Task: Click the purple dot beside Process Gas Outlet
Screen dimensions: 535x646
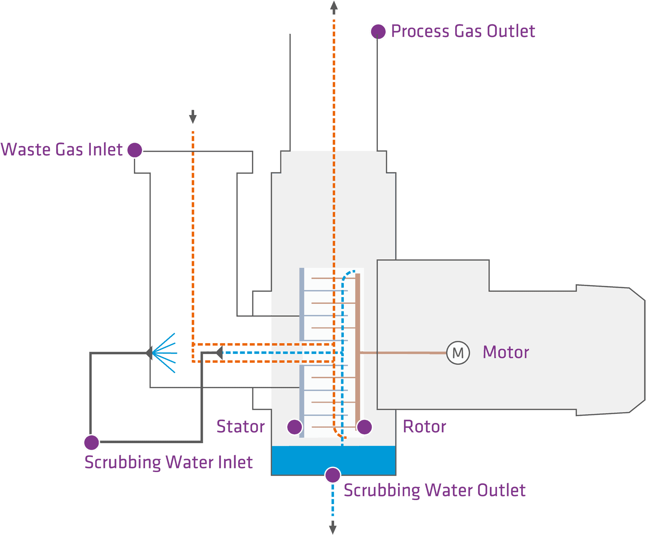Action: pos(378,32)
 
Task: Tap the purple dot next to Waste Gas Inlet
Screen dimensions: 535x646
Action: pos(135,150)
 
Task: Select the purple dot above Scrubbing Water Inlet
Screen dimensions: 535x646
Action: pos(92,442)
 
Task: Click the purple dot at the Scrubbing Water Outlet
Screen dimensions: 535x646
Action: pos(333,475)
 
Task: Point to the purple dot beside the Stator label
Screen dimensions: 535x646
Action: pos(294,427)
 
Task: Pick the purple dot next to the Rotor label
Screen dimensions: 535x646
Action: pos(364,427)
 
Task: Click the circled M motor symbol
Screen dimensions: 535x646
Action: pos(458,353)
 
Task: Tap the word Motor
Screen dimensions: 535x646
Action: pos(506,352)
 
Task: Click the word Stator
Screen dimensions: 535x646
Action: pos(241,427)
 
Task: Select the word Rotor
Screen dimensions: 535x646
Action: pos(425,427)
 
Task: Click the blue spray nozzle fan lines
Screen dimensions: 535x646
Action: pos(165,353)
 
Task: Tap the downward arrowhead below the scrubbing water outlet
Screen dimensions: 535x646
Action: pos(333,527)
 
